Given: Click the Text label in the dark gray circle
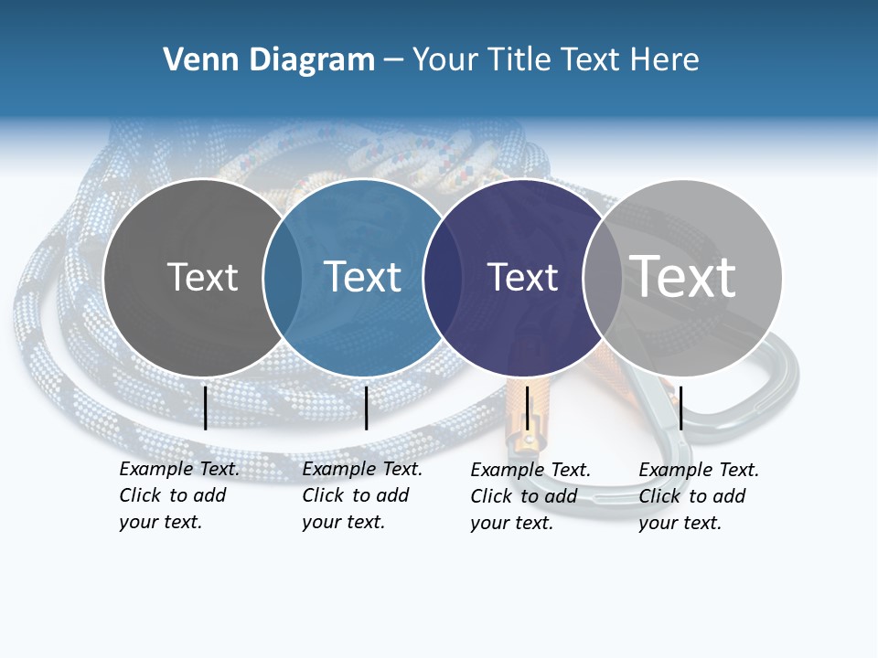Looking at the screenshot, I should [x=202, y=277].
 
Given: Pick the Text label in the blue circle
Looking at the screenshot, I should [x=363, y=277].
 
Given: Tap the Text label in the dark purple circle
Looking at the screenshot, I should [x=522, y=277].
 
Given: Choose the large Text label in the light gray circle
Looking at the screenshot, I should [x=683, y=276].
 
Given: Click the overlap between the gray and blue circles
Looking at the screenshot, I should [x=283, y=278].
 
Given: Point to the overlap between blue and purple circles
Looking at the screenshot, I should [x=443, y=278].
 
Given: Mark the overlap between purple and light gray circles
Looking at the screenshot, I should [x=603, y=278].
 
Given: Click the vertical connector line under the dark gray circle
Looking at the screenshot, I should [x=205, y=408].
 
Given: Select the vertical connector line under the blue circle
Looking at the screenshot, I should [x=366, y=408].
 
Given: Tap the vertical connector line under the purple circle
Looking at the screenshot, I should [x=527, y=408].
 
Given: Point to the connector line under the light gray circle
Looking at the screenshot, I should [x=680, y=408].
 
